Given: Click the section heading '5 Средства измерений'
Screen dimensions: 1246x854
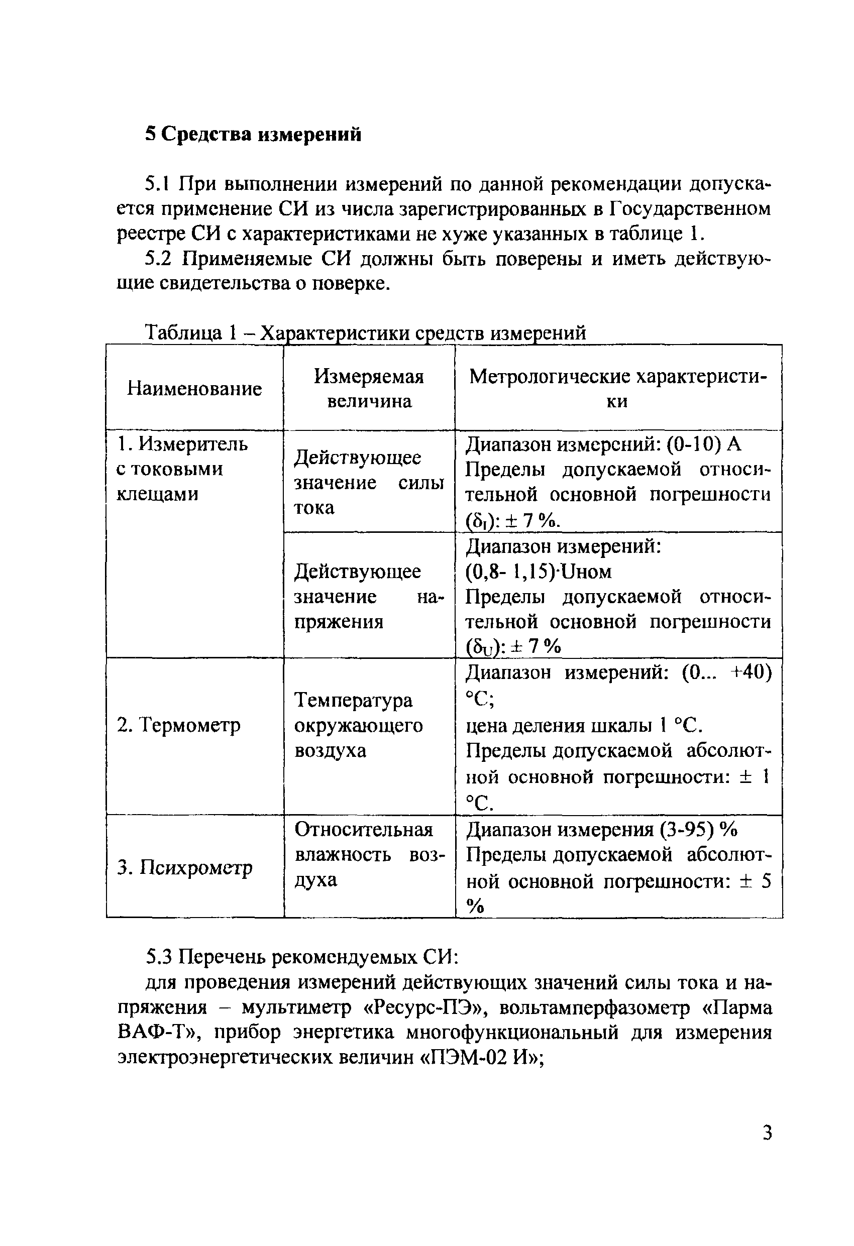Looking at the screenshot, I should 253,134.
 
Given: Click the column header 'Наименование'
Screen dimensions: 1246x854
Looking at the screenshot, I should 194,388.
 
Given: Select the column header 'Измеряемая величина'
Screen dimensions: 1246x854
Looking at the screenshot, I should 369,389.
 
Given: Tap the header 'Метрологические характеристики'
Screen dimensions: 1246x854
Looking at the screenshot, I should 618,389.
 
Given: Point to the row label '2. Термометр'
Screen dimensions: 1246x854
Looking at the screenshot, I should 179,725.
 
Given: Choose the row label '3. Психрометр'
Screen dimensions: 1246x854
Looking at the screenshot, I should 184,867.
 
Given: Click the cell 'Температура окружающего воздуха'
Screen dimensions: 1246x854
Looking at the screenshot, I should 358,725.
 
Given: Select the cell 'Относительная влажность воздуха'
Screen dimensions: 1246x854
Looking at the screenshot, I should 369,855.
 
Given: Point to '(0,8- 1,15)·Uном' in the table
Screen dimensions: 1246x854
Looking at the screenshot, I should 538,572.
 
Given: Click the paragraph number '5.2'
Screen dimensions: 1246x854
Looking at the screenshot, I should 158,259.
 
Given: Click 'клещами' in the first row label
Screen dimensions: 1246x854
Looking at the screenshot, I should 157,494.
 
